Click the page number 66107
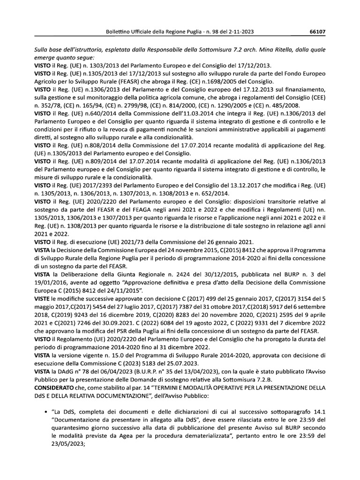(317, 32)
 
